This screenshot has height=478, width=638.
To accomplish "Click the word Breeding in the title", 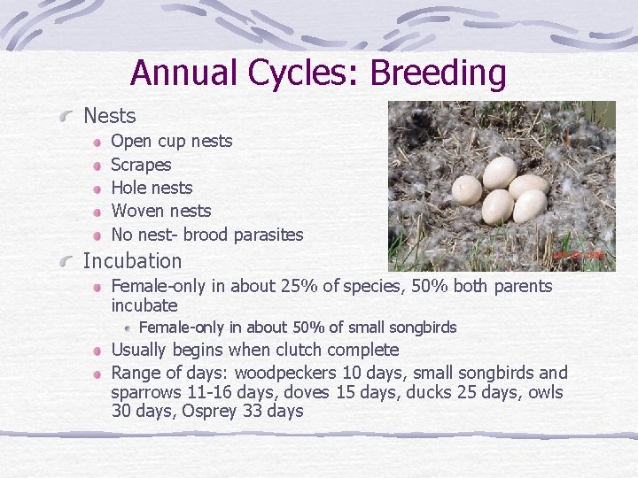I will [x=438, y=73].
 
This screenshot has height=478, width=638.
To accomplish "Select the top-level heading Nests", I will [x=109, y=116].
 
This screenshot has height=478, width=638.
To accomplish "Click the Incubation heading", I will [x=132, y=261].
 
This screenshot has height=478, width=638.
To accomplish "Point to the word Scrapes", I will [x=141, y=165].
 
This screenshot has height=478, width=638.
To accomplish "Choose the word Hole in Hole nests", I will [x=128, y=188].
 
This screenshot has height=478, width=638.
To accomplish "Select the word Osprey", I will [x=210, y=411].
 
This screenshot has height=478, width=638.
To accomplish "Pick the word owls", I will [x=542, y=392].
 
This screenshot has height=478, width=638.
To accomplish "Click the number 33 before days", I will [x=254, y=411].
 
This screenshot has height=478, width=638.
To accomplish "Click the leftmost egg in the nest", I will [x=467, y=189].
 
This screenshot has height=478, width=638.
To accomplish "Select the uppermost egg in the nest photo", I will [x=500, y=172].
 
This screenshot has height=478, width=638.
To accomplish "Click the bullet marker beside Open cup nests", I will [x=100, y=142].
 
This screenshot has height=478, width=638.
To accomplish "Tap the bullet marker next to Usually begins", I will [x=100, y=351].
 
